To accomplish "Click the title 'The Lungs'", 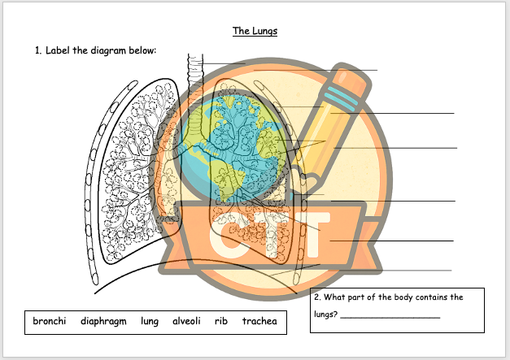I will pos(254,31).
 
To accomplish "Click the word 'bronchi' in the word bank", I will pos(49,322).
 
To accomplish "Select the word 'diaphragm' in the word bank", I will pos(103,322).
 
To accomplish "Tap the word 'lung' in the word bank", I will pos(149,322).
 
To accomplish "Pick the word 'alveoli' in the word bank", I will pos(187,322).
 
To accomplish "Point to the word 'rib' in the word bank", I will pos(220,322).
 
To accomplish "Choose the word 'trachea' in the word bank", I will pos(259,322).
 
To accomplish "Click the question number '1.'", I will pos(38,50).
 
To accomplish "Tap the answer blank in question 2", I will pos(390,316).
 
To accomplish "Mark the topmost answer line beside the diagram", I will pos(315,70).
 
